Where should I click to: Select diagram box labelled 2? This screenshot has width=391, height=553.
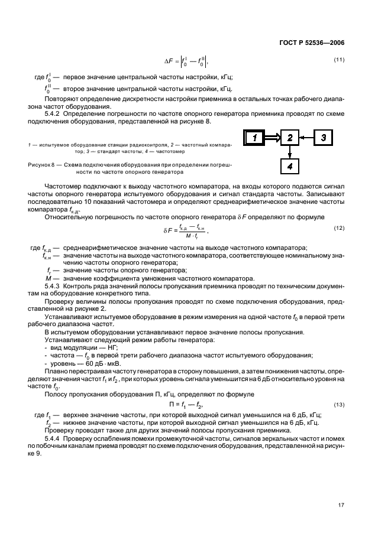[x=290, y=138]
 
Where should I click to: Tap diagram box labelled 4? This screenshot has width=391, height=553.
[x=290, y=167]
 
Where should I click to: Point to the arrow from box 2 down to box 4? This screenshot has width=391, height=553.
[x=290, y=152]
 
